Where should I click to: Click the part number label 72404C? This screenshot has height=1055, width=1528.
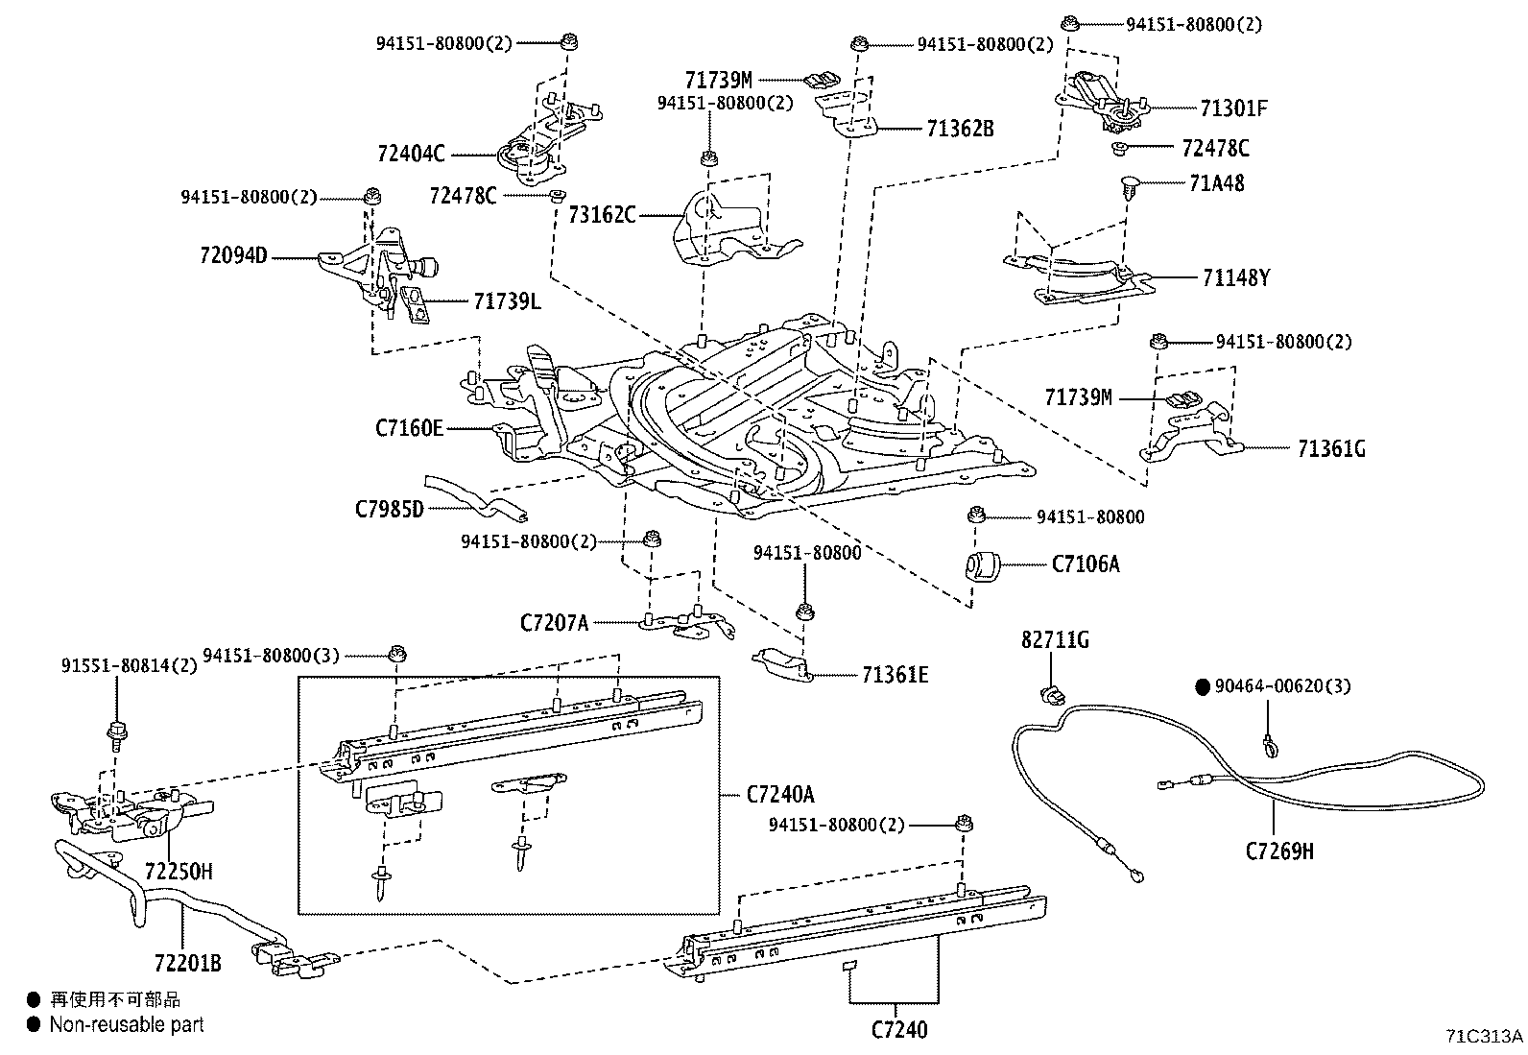coord(411,154)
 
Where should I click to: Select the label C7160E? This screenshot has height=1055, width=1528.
coord(410,427)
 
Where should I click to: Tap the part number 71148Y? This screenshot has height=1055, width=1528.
coord(1235,278)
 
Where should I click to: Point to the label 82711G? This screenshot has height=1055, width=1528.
coord(1055,640)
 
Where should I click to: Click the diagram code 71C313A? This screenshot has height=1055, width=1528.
coord(1484,1037)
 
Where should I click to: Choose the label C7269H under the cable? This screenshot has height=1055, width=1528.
coord(1279,851)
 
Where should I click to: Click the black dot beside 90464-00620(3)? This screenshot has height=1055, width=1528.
coord(1202,686)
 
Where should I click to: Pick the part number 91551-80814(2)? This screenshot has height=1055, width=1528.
coord(130,664)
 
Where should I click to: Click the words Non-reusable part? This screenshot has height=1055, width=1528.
coord(127,1025)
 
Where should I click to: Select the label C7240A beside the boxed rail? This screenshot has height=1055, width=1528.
coord(780,794)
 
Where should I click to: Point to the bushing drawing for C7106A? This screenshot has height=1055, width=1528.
coord(981,564)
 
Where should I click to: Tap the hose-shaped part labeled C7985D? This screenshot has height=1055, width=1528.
coord(476,497)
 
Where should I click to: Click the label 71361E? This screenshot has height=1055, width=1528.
coord(895,675)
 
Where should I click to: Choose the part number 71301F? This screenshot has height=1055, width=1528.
coord(1233,108)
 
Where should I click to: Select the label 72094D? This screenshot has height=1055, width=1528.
coord(233,256)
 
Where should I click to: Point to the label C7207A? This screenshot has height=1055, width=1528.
coord(554,623)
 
